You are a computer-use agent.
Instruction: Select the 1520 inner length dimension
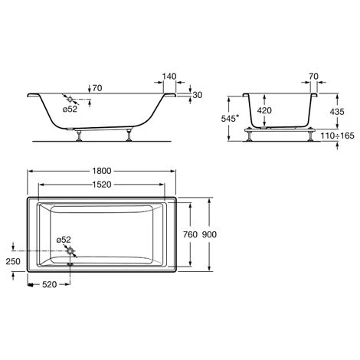[103, 185]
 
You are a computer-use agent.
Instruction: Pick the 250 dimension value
[10, 261]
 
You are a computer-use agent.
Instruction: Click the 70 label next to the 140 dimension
[96, 87]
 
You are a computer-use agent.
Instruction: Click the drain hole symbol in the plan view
[70, 250]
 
